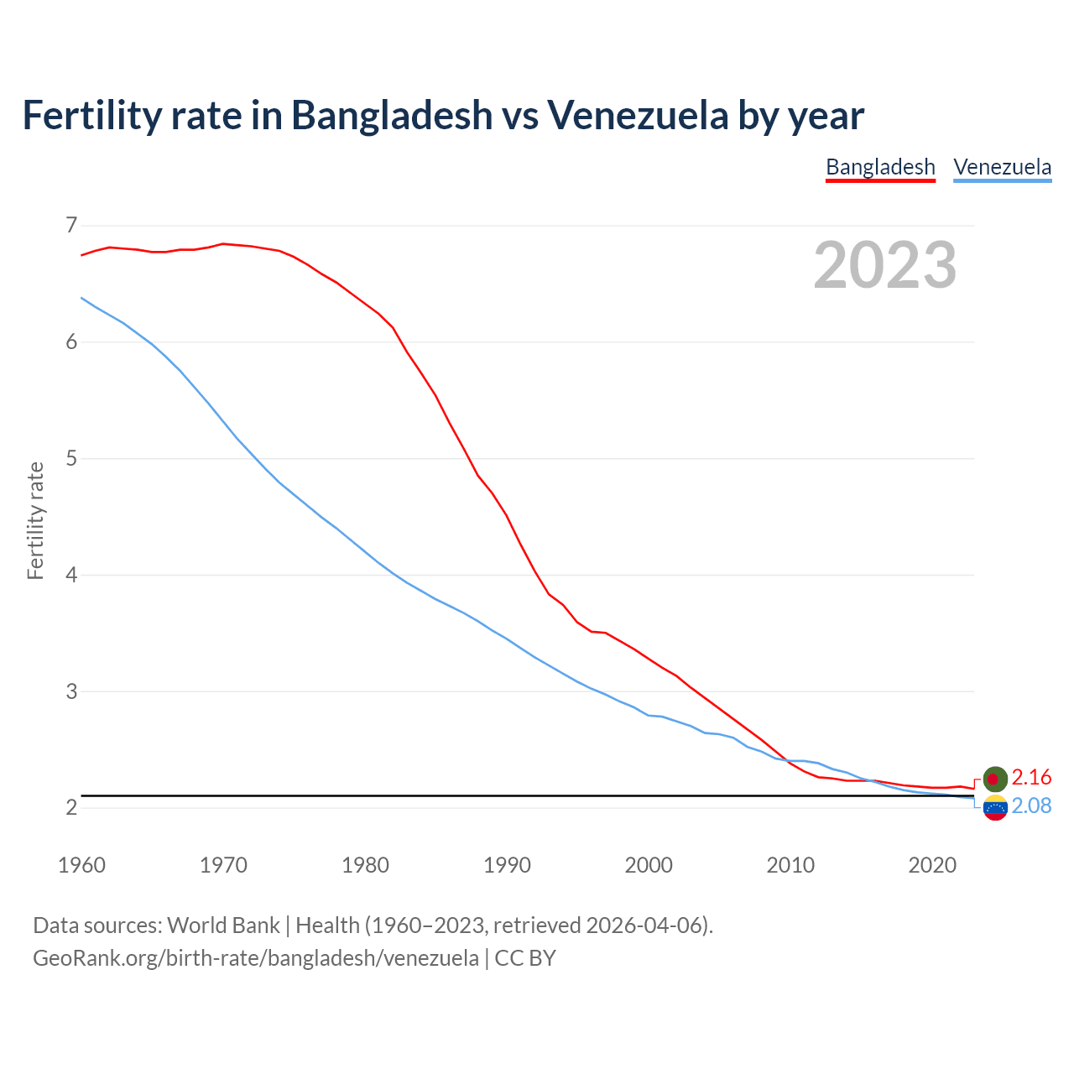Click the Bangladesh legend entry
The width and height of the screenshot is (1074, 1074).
tap(880, 167)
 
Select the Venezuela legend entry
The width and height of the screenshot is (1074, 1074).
tap(1002, 167)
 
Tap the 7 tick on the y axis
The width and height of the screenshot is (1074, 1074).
tap(70, 225)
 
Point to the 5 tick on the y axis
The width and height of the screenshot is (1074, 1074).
tap(70, 458)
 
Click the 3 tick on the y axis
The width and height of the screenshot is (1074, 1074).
tap(70, 691)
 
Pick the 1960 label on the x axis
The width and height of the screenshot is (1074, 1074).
tap(81, 865)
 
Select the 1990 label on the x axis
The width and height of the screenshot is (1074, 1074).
tap(507, 865)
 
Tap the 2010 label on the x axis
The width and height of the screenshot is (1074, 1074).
tap(790, 865)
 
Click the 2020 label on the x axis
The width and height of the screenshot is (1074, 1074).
tap(932, 865)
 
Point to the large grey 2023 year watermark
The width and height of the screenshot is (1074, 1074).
tap(885, 265)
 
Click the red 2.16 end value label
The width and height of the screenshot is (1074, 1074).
tap(1031, 777)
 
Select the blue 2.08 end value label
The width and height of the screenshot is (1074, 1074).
tap(1031, 805)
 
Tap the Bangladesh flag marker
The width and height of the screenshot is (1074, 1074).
tap(995, 779)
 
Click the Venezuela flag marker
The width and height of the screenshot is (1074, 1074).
tap(995, 809)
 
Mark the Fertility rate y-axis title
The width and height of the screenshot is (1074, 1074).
tap(35, 520)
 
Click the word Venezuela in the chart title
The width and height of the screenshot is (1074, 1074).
tap(638, 115)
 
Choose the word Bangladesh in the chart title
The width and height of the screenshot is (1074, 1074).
tap(392, 115)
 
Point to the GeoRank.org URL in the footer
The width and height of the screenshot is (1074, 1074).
tap(256, 957)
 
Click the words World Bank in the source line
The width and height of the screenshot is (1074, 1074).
tap(223, 925)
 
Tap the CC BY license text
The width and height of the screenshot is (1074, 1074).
tap(525, 957)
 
